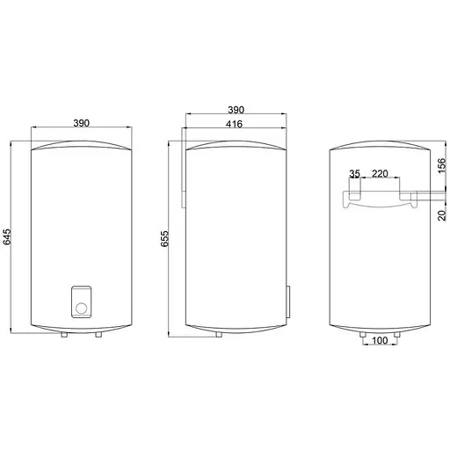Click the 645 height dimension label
coord(6,236)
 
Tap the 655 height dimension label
coord(164,238)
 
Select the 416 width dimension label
coord(234,124)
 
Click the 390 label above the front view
coord(81,123)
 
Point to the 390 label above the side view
coord(236,110)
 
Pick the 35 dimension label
coord(354,174)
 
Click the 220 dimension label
coord(380,174)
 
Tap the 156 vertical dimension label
coord(441,165)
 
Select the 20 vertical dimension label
coord(441,215)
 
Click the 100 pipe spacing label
coord(380,340)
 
